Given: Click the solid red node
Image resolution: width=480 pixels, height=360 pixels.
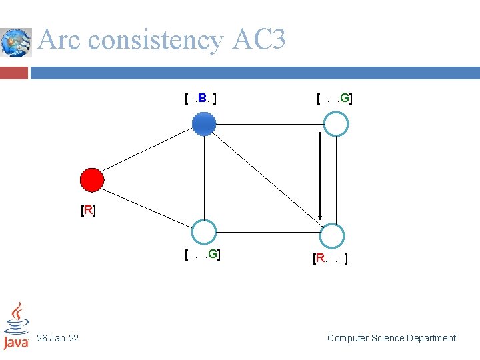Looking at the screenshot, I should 92,179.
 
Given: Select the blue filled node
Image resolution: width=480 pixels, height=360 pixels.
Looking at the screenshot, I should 204,123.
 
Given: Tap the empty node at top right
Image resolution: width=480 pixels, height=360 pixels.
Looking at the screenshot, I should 337,123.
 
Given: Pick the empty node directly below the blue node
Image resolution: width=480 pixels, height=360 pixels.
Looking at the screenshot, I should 204,233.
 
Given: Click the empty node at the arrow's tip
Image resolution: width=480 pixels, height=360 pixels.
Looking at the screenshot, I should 332,235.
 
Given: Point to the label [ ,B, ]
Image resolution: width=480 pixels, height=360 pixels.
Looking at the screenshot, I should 201,99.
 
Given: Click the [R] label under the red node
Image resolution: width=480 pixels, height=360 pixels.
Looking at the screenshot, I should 88,211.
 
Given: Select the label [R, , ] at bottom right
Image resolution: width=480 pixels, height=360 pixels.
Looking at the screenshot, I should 330,258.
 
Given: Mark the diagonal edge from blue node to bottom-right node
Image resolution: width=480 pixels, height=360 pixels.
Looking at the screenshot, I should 267,178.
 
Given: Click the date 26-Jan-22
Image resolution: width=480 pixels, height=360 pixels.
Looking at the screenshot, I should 57,339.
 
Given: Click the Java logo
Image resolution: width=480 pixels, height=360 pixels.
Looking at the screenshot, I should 16,327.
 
